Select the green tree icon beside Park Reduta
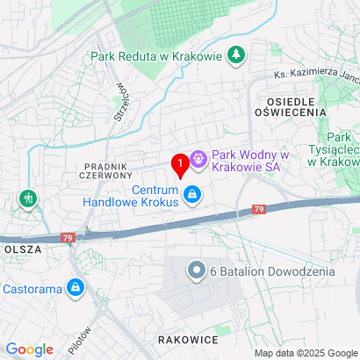(236, 57)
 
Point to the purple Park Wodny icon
(198, 159)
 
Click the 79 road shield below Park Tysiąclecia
(258, 210)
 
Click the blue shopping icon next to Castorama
(76, 287)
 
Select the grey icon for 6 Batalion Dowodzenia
(198, 271)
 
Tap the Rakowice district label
(187, 338)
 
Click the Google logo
(29, 349)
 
